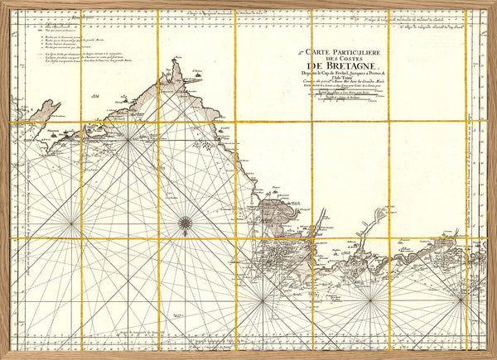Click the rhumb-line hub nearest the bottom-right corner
(x=461, y=302)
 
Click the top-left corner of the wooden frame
(x=3, y=3)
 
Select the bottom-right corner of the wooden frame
(x=494, y=357)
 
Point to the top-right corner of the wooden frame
(x=494, y=3)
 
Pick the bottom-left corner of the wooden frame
(x=3, y=357)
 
